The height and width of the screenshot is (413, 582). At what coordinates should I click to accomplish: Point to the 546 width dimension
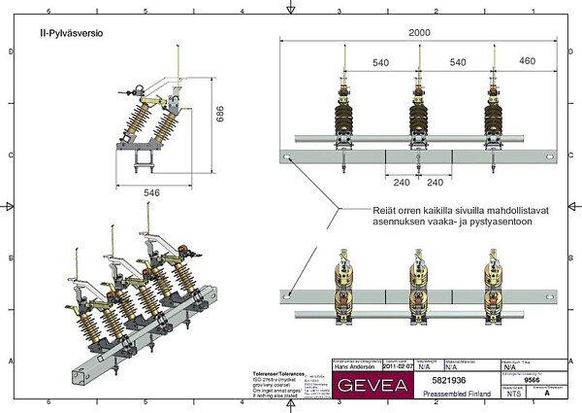pyautogui.click(x=151, y=193)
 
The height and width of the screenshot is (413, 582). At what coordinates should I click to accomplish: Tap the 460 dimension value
pyautogui.click(x=527, y=62)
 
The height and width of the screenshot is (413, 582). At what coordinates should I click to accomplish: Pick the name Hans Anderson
pyautogui.click(x=354, y=367)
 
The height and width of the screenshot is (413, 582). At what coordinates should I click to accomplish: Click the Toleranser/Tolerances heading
pyautogui.click(x=279, y=373)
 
